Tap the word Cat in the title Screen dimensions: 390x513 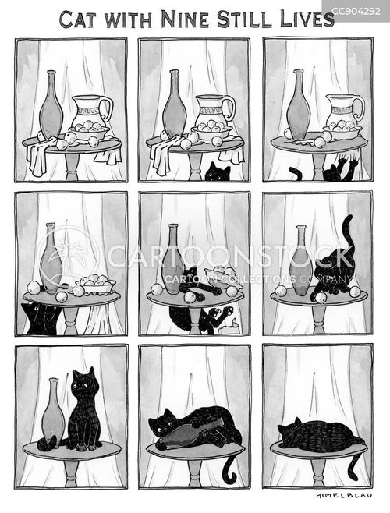click(x=78, y=19)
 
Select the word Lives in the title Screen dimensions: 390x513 click(x=307, y=19)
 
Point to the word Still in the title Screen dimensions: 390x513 click(x=244, y=19)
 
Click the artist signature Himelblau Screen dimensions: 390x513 click(x=344, y=495)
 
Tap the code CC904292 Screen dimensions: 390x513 click(x=356, y=12)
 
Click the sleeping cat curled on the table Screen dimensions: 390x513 click(x=321, y=435)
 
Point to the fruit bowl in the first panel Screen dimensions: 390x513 click(x=88, y=130)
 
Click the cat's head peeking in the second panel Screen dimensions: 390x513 click(x=218, y=172)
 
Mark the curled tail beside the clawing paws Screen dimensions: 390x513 click(x=296, y=173)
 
